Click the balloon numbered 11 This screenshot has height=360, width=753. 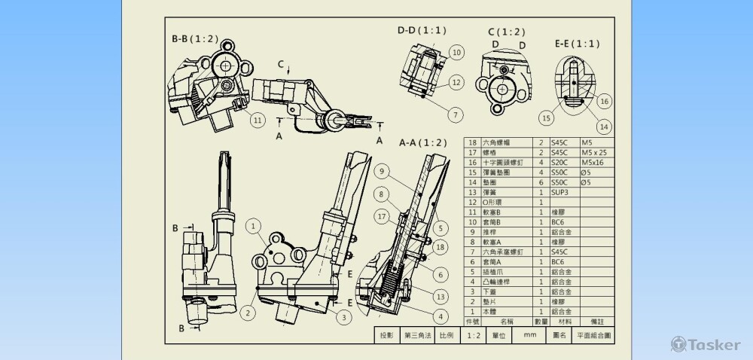[257, 119]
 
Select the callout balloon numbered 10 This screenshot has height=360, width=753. [456, 52]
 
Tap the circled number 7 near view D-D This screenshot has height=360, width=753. [456, 114]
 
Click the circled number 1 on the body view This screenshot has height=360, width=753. [255, 224]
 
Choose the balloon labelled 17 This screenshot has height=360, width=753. [382, 215]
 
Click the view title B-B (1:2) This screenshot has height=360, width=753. [195, 38]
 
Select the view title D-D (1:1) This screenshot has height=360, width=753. [422, 30]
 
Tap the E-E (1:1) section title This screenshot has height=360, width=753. [578, 44]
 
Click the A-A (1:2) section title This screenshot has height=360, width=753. [422, 142]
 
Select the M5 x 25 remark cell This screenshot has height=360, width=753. [598, 152]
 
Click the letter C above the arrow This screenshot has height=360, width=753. [280, 65]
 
